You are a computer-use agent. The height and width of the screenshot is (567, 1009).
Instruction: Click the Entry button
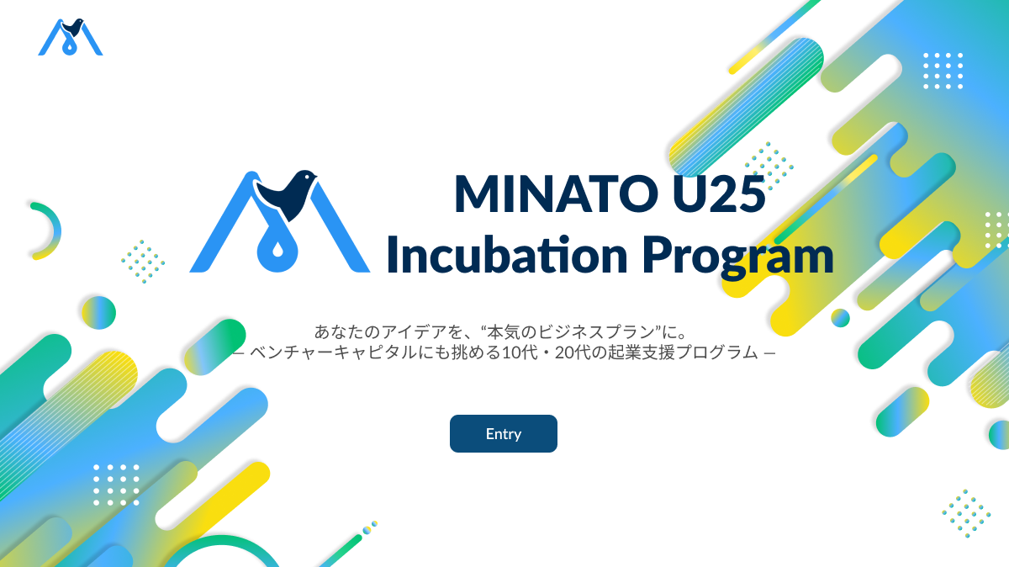click(x=503, y=433)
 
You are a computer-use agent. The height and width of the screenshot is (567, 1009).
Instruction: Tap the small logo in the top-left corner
click(x=71, y=37)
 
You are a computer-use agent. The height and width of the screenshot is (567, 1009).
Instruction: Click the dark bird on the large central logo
click(x=287, y=193)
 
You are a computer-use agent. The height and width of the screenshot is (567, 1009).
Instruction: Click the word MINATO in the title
click(x=557, y=193)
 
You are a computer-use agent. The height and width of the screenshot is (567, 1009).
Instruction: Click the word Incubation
click(x=507, y=254)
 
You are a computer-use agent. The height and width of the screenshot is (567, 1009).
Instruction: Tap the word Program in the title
click(x=738, y=257)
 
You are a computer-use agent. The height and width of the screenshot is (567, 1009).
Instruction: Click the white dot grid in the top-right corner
click(x=943, y=71)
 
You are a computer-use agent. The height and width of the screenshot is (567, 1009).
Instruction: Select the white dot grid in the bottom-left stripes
click(x=116, y=485)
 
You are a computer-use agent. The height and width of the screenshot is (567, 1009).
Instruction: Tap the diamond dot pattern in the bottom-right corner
click(x=966, y=513)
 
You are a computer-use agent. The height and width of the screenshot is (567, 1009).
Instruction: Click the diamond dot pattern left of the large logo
click(x=143, y=262)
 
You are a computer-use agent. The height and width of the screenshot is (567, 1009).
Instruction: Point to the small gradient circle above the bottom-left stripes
click(x=98, y=312)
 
